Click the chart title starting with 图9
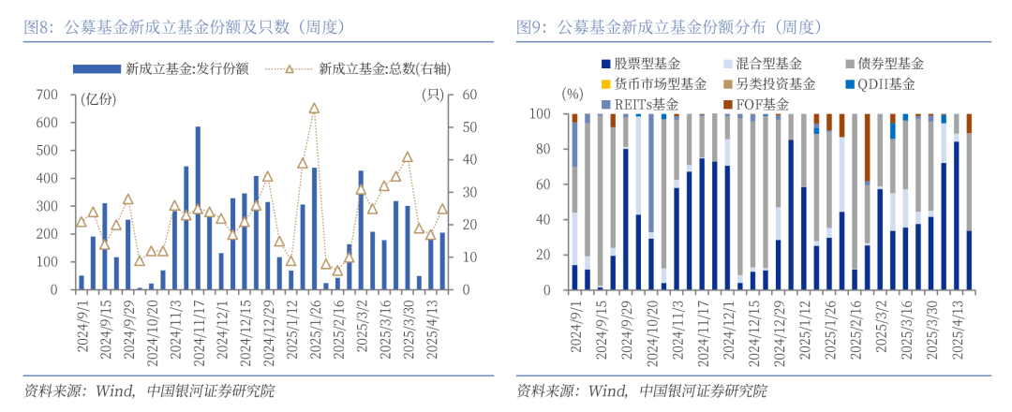pyautogui.click(x=671, y=27)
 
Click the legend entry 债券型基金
pyautogui.click(x=891, y=64)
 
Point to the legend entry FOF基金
pyautogui.click(x=763, y=103)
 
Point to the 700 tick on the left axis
pyautogui.click(x=45, y=95)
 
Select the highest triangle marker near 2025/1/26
pyautogui.click(x=314, y=109)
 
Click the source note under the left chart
pyautogui.click(x=150, y=390)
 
